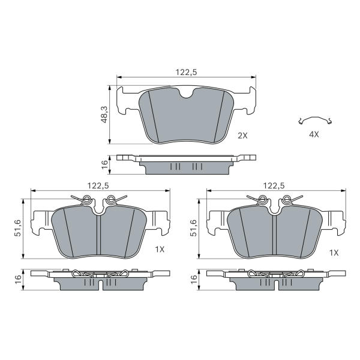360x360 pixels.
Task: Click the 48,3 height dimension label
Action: [104, 115]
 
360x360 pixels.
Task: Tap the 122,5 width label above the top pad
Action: [186, 73]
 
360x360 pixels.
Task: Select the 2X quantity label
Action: [242, 136]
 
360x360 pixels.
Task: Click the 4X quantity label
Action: [314, 134]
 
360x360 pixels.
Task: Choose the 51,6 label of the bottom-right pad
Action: [193, 228]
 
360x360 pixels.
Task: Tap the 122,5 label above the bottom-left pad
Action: [98, 185]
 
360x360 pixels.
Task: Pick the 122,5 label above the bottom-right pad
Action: [274, 185]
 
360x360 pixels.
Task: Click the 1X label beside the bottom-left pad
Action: [160, 249]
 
